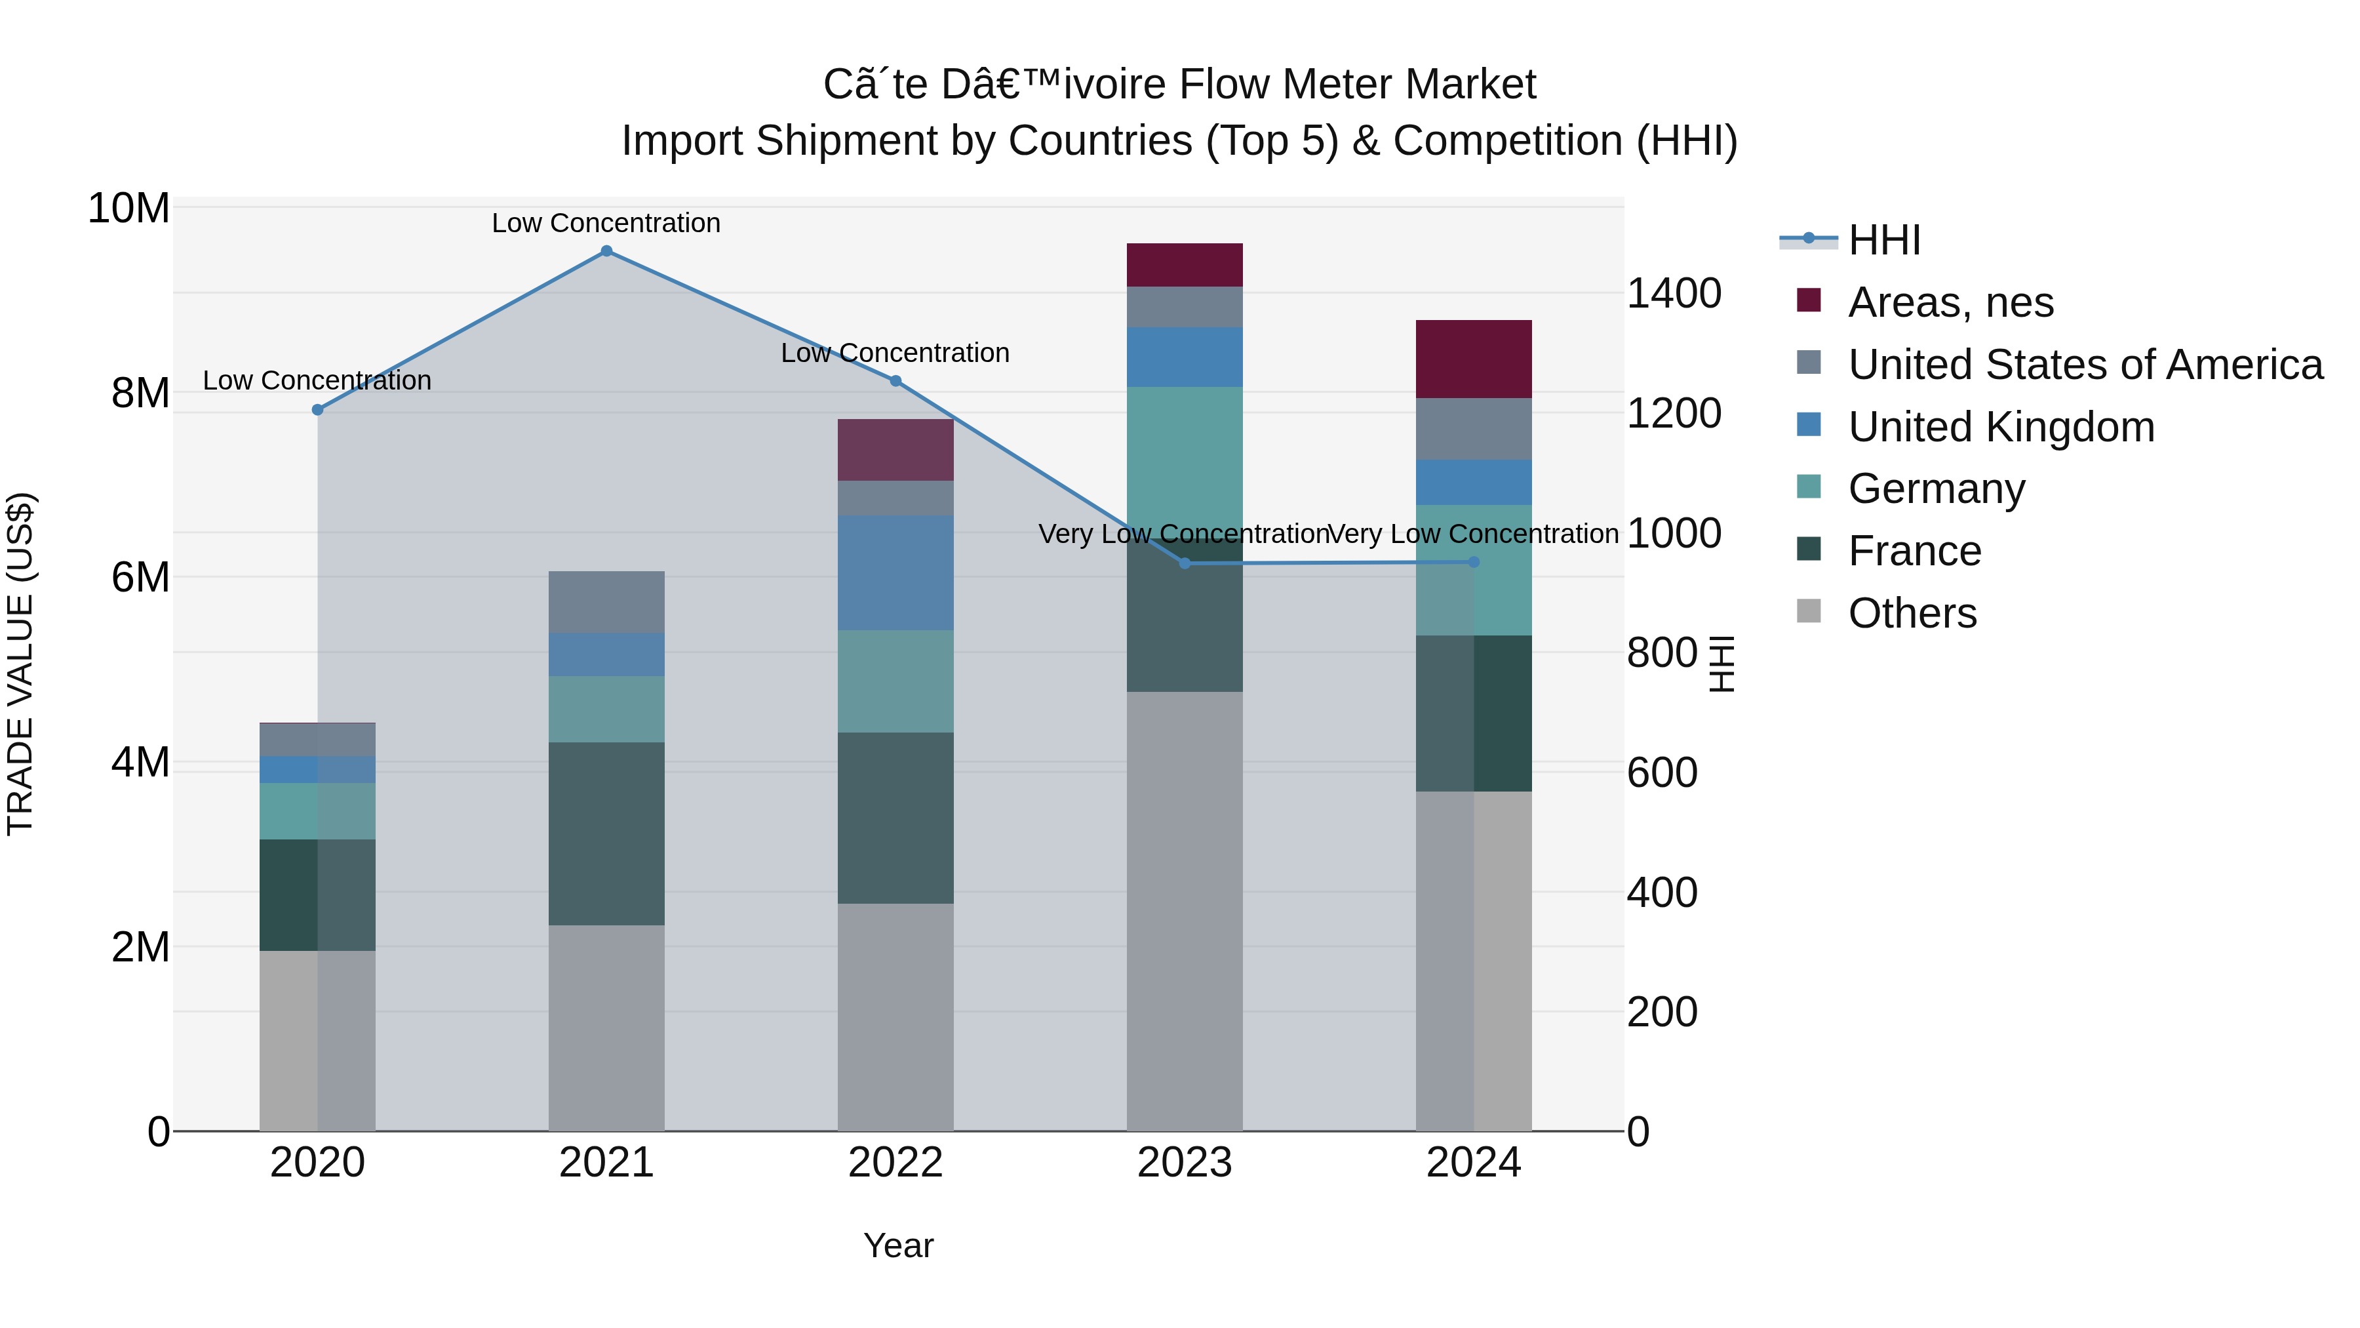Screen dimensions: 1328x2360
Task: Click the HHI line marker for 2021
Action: coord(606,251)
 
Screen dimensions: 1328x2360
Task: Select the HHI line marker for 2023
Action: coord(1185,563)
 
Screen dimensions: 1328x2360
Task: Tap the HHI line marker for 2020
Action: coord(318,410)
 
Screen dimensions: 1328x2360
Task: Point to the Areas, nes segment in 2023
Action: coord(1185,265)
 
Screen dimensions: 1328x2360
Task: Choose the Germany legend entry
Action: coord(1936,489)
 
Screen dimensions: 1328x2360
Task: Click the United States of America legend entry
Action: coord(2084,365)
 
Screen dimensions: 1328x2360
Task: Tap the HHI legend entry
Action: coord(1883,240)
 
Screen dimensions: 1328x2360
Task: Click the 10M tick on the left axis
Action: coord(128,209)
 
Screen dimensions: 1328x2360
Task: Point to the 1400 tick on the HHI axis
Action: coord(1673,294)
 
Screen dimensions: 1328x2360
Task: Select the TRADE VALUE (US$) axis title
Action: coord(20,664)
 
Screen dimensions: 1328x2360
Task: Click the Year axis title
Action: coord(898,1245)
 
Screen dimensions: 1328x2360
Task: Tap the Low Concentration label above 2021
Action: coord(606,223)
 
